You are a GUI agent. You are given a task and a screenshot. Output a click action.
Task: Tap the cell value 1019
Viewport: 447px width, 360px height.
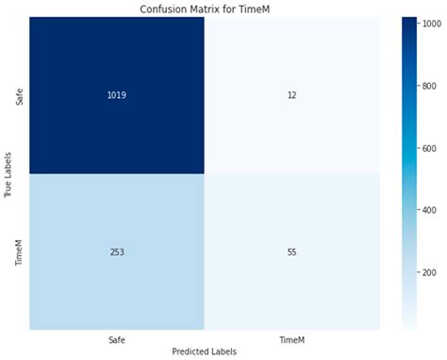(x=114, y=95)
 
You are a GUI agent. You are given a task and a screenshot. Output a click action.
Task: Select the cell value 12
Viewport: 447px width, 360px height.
(x=291, y=95)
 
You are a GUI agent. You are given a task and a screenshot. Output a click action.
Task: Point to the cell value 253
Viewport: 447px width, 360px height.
(x=114, y=252)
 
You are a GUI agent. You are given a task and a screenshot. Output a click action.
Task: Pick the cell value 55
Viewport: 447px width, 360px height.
(x=291, y=252)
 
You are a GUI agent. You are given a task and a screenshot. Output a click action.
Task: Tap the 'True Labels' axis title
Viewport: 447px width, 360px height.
(x=8, y=174)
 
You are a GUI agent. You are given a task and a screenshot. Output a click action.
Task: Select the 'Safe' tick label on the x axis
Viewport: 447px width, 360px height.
(x=114, y=338)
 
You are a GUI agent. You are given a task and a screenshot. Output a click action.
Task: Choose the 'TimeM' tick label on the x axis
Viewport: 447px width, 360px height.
(x=291, y=338)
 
